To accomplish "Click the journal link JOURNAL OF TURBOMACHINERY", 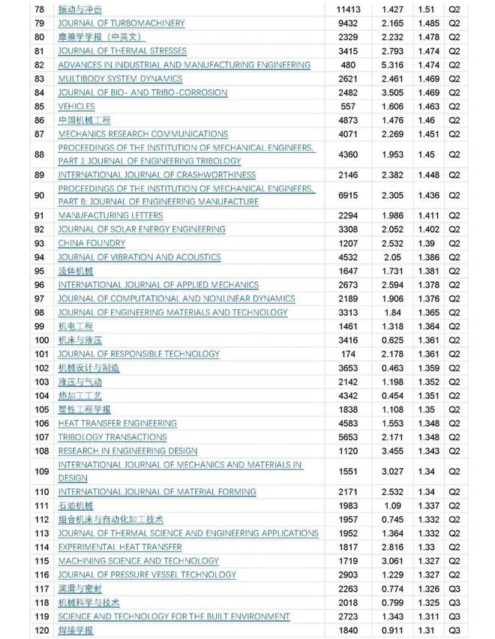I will click(121, 23).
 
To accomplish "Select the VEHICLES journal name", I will click(76, 106).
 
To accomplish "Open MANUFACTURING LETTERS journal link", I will click(110, 216).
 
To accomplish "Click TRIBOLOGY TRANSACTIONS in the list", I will click(112, 437).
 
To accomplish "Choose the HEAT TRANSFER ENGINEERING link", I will click(118, 424).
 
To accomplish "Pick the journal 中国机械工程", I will click(84, 120).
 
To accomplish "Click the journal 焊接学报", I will click(76, 631).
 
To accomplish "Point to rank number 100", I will click(41, 340).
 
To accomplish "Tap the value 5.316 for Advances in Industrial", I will click(393, 65).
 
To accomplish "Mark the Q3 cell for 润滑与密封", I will click(454, 589).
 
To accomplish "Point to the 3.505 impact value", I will click(393, 93).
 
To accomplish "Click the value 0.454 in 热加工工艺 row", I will click(393, 396).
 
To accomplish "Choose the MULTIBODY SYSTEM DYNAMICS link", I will click(120, 79).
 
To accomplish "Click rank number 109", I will click(41, 472).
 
